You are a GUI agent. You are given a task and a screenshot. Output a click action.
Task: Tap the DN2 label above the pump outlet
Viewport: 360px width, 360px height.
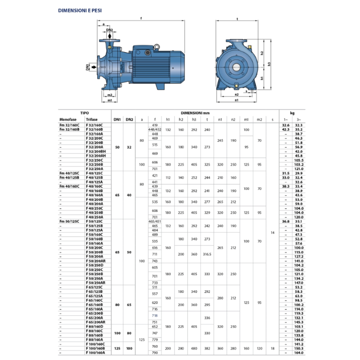(x=110, y=30)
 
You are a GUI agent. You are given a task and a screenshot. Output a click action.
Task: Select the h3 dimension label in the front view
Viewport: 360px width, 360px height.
(x=270, y=64)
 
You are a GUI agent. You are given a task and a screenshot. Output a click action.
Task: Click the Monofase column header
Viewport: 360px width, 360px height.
(x=68, y=119)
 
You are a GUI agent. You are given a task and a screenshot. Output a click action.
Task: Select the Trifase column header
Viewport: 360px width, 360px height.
(x=92, y=119)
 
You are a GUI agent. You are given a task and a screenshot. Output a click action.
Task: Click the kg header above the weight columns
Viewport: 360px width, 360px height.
(x=292, y=113)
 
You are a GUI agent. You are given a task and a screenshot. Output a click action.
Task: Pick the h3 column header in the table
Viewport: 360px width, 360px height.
(x=194, y=119)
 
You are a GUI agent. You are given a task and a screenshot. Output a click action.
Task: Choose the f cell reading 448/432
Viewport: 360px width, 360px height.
(x=155, y=129)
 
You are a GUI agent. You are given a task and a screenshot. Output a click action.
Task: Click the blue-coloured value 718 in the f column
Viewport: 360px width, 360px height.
(x=155, y=316)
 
